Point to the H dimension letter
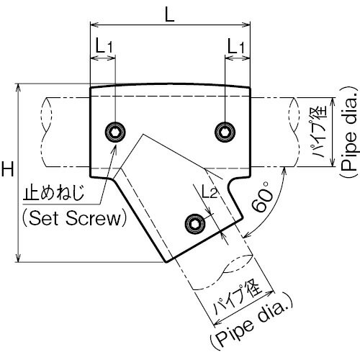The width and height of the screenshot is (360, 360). (x=8, y=168)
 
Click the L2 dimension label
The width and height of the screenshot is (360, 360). (x=210, y=192)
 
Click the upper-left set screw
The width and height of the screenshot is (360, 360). (x=115, y=132)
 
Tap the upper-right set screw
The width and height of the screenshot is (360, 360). (x=225, y=132)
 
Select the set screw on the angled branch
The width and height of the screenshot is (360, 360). (x=195, y=224)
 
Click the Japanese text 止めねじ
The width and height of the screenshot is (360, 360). (x=53, y=193)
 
